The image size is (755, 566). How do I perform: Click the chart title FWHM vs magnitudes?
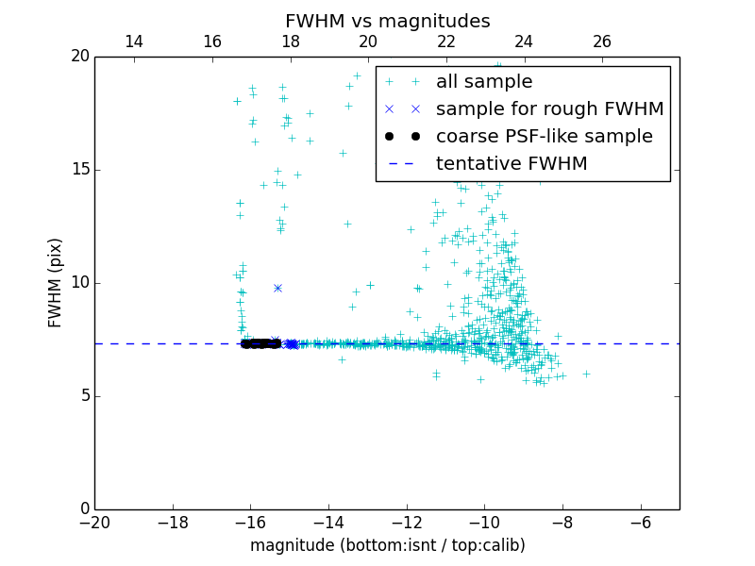point(387,22)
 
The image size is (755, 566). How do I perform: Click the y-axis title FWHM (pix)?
point(56,283)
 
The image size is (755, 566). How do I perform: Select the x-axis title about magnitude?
point(387,545)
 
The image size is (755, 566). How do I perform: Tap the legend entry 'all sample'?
point(484,82)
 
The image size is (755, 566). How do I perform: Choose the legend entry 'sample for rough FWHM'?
point(549,109)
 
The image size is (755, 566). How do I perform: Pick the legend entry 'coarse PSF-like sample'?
point(544,137)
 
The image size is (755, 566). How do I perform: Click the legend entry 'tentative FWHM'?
point(512,164)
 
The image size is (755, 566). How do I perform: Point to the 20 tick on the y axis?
point(79,57)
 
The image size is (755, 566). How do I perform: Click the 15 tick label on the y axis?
point(79,170)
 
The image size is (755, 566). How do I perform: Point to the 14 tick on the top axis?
point(134,42)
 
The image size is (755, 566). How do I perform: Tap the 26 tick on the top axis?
point(602,42)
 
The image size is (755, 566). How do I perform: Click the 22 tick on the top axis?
point(446,42)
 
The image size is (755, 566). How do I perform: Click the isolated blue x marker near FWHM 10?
point(277,288)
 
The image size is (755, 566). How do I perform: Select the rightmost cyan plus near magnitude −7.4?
point(586,374)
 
